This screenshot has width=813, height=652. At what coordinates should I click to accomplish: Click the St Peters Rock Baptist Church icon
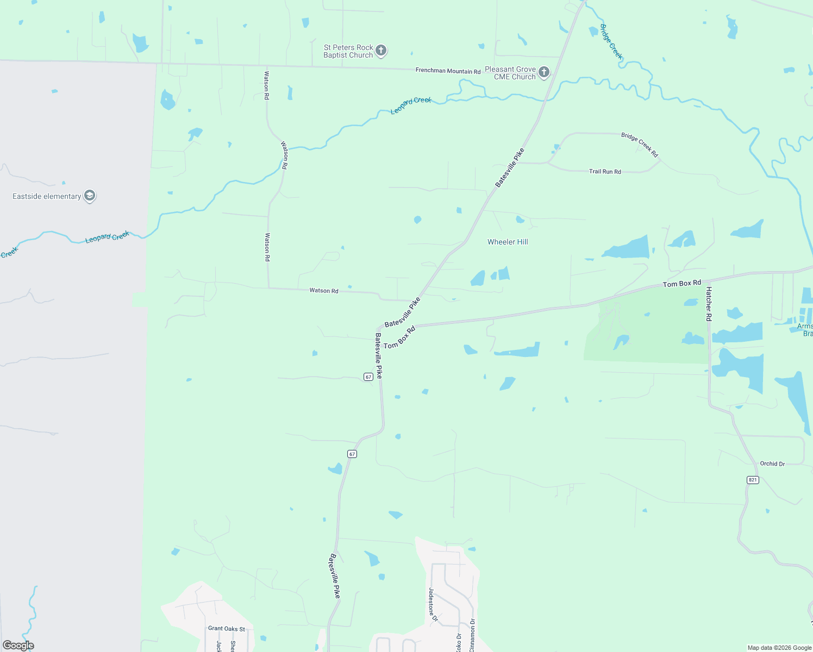381,51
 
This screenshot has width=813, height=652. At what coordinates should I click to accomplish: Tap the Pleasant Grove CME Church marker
543,72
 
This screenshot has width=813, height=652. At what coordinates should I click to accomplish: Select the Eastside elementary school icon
90,196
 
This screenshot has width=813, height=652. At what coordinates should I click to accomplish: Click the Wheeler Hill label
508,242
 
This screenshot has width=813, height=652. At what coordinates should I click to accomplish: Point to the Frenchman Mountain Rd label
448,71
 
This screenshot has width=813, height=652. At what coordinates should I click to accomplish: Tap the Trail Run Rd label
605,172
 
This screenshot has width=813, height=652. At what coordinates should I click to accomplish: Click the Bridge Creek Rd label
640,145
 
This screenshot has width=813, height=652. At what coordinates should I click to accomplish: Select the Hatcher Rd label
709,304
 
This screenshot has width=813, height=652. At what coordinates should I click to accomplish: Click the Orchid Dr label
772,463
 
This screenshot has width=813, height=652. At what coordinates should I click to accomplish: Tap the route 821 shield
753,480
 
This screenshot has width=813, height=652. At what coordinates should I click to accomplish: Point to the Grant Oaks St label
227,628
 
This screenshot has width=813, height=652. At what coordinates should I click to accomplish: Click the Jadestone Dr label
432,604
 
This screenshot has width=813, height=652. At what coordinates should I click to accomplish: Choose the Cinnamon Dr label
472,635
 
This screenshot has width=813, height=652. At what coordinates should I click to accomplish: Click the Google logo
18,645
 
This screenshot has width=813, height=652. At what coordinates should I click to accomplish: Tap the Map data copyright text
779,648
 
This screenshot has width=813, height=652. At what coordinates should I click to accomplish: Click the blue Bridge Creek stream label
611,41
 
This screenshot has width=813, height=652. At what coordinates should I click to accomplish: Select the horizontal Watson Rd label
324,291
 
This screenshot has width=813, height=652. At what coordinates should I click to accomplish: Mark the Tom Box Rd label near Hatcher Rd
681,284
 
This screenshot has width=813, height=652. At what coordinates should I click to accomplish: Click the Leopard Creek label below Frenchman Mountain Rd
411,105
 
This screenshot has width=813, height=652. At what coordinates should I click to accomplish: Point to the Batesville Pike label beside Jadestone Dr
335,576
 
